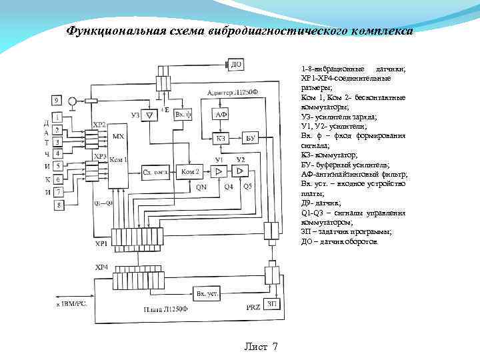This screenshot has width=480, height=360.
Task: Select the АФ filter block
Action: click(223, 115)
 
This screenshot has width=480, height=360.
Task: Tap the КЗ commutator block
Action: click(223, 138)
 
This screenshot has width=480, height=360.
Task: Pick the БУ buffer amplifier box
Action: click(251, 138)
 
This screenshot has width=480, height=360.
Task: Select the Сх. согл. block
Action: click(154, 172)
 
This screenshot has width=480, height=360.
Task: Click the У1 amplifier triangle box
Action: click(218, 172)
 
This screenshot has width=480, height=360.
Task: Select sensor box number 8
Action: click(59, 205)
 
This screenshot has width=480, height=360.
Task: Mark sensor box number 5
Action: click(59, 166)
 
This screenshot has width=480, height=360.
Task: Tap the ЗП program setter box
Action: click(271, 304)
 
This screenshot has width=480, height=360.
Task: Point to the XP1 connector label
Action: click(101, 244)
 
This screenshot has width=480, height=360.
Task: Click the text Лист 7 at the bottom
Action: click(261, 347)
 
